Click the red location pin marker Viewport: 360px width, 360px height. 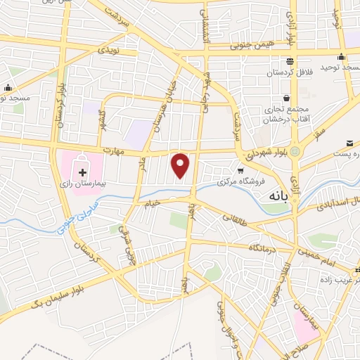(181, 165)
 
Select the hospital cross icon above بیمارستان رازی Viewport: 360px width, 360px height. (83, 172)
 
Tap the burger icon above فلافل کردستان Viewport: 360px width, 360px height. (290, 62)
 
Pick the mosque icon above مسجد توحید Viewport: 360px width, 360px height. (342, 57)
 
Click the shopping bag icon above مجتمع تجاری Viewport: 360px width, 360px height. (285, 98)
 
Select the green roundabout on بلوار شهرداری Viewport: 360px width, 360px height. (295, 150)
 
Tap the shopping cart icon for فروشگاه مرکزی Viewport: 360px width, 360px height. (241, 171)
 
